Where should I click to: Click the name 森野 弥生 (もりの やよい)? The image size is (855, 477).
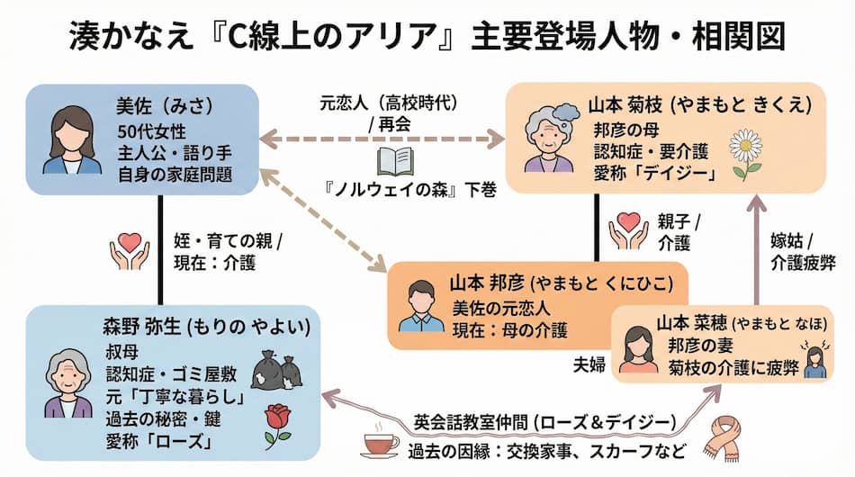206,326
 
